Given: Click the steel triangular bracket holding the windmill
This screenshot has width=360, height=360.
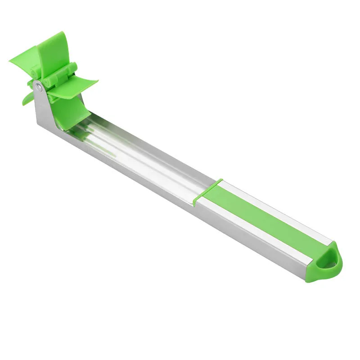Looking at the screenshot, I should pyautogui.click(x=45, y=106).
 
